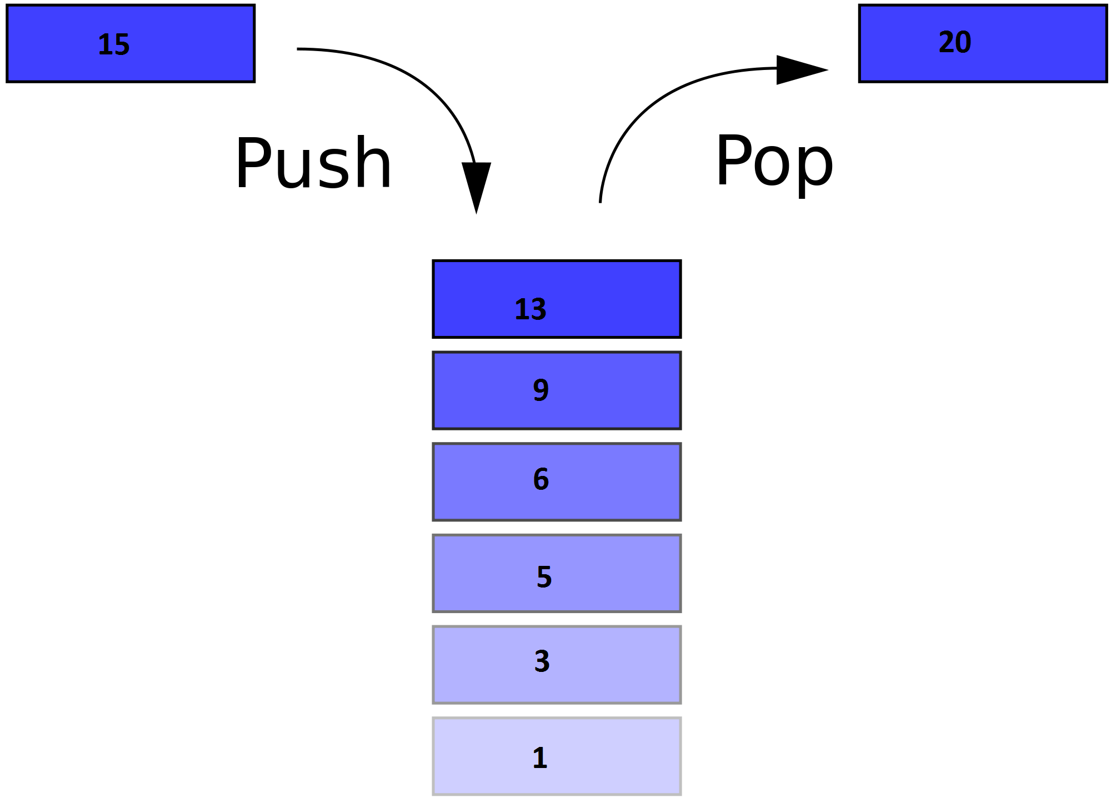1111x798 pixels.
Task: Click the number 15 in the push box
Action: pos(114,45)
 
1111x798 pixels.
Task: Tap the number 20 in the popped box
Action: pos(954,43)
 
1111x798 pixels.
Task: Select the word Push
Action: pos(313,164)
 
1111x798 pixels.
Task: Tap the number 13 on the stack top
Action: pos(531,310)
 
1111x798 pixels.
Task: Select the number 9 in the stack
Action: pos(541,390)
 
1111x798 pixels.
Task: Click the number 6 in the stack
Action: pos(541,479)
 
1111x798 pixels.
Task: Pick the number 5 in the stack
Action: pos(544,577)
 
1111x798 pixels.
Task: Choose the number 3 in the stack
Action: pos(542,661)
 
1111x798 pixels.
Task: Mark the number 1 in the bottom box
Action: pos(540,758)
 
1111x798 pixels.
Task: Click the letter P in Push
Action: pos(253,164)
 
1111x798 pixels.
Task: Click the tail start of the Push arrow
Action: pos(299,49)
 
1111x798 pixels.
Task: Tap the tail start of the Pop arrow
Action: pos(600,200)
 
